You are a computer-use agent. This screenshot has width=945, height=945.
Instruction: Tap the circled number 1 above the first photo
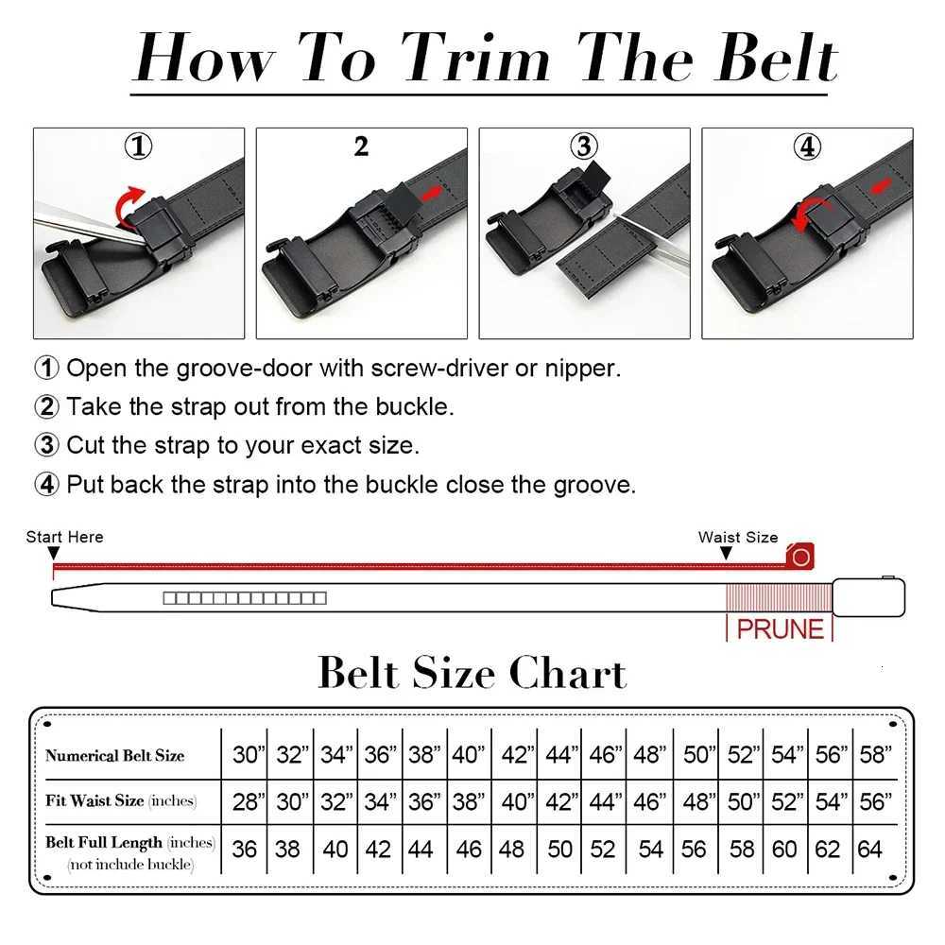139,147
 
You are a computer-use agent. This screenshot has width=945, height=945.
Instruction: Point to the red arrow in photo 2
431,194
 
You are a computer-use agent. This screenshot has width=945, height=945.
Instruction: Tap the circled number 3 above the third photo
584,147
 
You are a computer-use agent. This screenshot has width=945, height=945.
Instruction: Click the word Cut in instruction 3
87,444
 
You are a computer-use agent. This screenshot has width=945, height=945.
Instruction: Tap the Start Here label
64,537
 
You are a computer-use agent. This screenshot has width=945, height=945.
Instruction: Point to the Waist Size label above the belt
738,537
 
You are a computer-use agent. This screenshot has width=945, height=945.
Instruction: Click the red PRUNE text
780,629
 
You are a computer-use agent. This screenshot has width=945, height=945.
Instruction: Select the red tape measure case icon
800,557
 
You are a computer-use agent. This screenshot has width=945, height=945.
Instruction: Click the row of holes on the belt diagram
244,598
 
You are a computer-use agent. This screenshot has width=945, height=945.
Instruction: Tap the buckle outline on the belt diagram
868,597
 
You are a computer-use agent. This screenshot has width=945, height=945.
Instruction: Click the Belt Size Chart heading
472,674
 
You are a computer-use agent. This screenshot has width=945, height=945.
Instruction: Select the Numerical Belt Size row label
114,755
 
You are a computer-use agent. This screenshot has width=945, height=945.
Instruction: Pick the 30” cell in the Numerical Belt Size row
247,755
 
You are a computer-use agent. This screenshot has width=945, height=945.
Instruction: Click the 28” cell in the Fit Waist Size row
247,801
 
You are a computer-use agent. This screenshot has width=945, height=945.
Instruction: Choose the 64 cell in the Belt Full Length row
869,849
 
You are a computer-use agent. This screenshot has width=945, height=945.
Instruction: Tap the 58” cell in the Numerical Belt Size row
875,755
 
